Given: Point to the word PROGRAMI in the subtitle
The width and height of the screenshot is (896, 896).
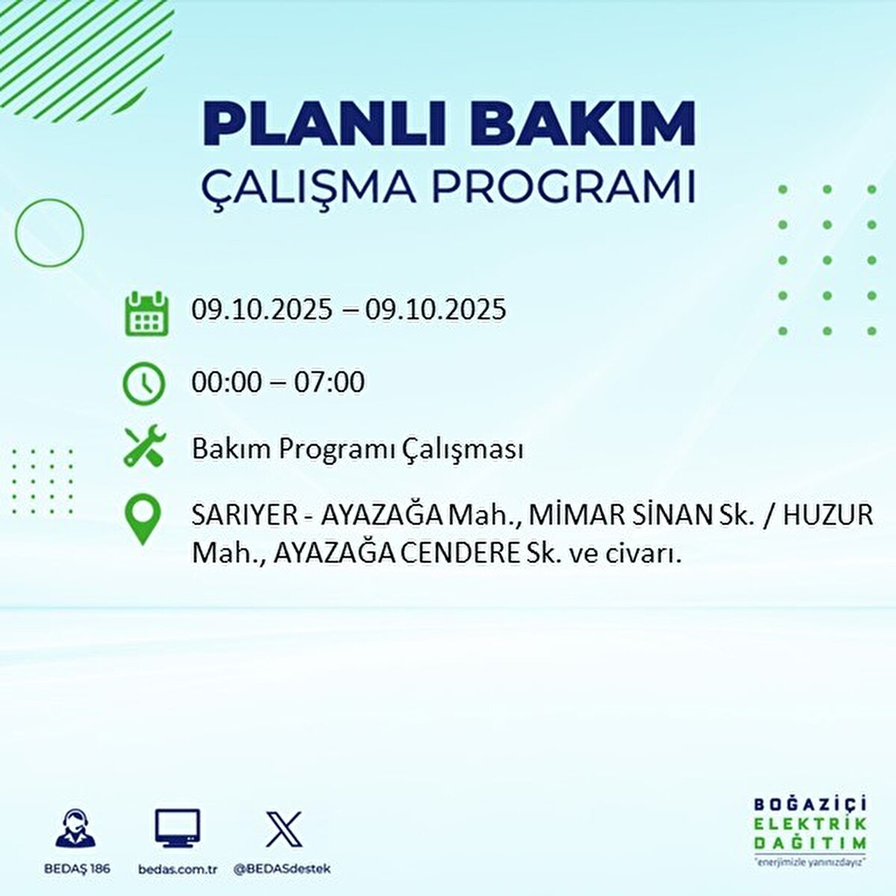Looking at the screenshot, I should click(564, 187).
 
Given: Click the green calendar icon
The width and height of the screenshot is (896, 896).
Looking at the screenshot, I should click(146, 313).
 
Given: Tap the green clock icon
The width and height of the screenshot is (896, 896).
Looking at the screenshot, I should click(143, 384).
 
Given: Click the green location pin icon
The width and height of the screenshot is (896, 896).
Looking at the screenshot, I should click(143, 520).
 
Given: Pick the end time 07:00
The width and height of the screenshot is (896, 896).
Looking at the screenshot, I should click(329, 382).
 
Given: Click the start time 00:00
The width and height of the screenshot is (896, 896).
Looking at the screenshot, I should click(227, 382).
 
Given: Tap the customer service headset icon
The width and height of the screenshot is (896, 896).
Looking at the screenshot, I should click(75, 828).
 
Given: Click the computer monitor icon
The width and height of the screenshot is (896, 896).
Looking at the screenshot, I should click(178, 828).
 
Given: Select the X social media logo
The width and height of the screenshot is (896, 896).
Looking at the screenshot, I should click(284, 828).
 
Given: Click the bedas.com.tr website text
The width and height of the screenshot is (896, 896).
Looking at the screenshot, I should click(178, 869).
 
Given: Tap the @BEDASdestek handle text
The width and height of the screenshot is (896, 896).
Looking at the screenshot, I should click(282, 869).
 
